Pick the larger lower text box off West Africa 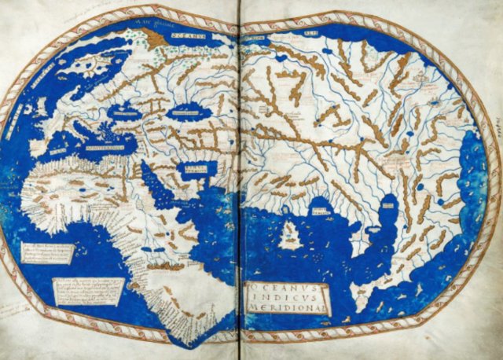[x=88, y=291]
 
